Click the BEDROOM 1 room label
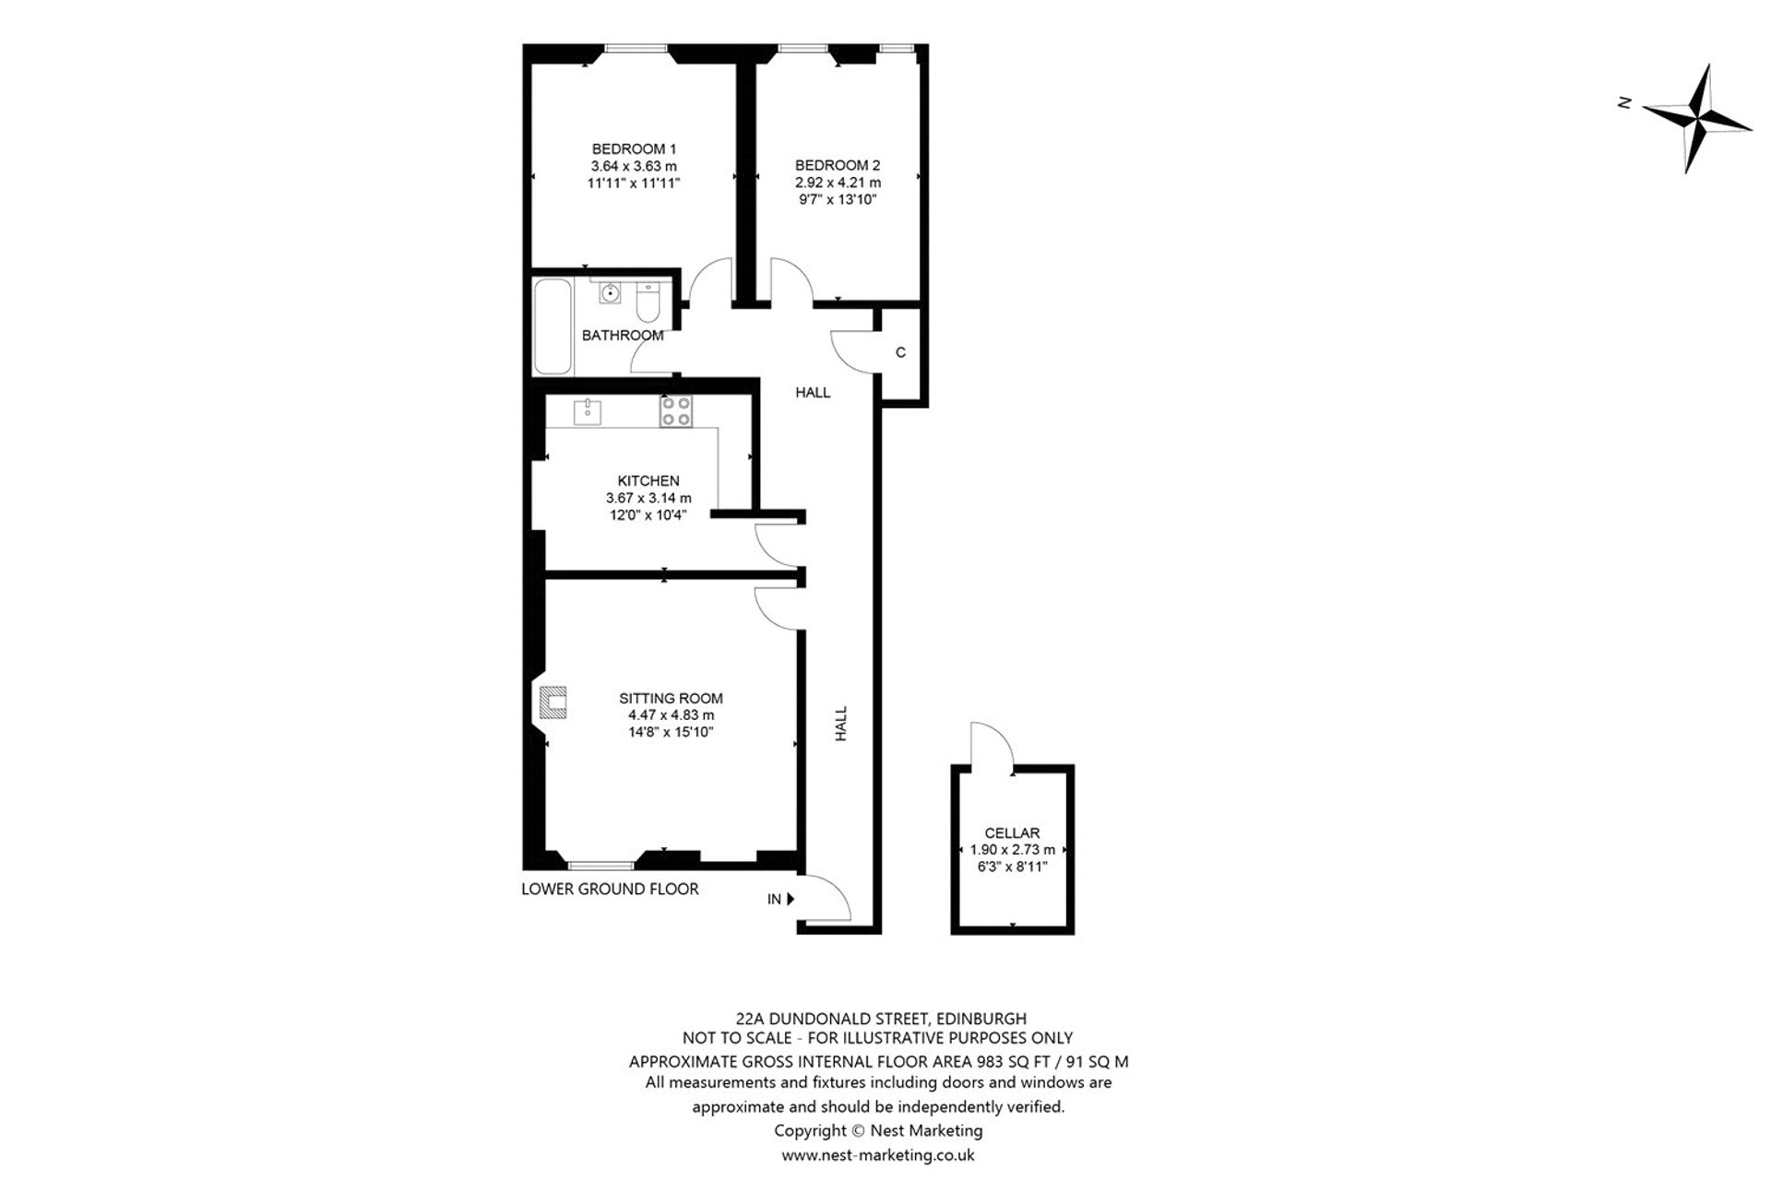click(x=634, y=149)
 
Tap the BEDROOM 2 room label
click(x=838, y=166)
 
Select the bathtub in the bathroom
click(x=553, y=326)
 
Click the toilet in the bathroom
click(x=648, y=301)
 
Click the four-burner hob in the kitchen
click(x=676, y=411)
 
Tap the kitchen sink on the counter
click(x=587, y=412)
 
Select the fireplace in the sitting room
click(x=551, y=703)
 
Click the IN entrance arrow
click(x=790, y=899)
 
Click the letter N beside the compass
click(x=1625, y=103)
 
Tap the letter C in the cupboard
click(x=900, y=353)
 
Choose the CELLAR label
click(x=1012, y=832)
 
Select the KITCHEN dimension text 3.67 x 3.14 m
click(x=648, y=498)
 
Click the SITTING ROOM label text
click(x=671, y=698)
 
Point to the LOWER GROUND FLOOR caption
click(x=610, y=889)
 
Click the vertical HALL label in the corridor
click(x=841, y=725)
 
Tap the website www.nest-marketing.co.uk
click(x=877, y=1154)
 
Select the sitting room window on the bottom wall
click(x=600, y=865)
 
